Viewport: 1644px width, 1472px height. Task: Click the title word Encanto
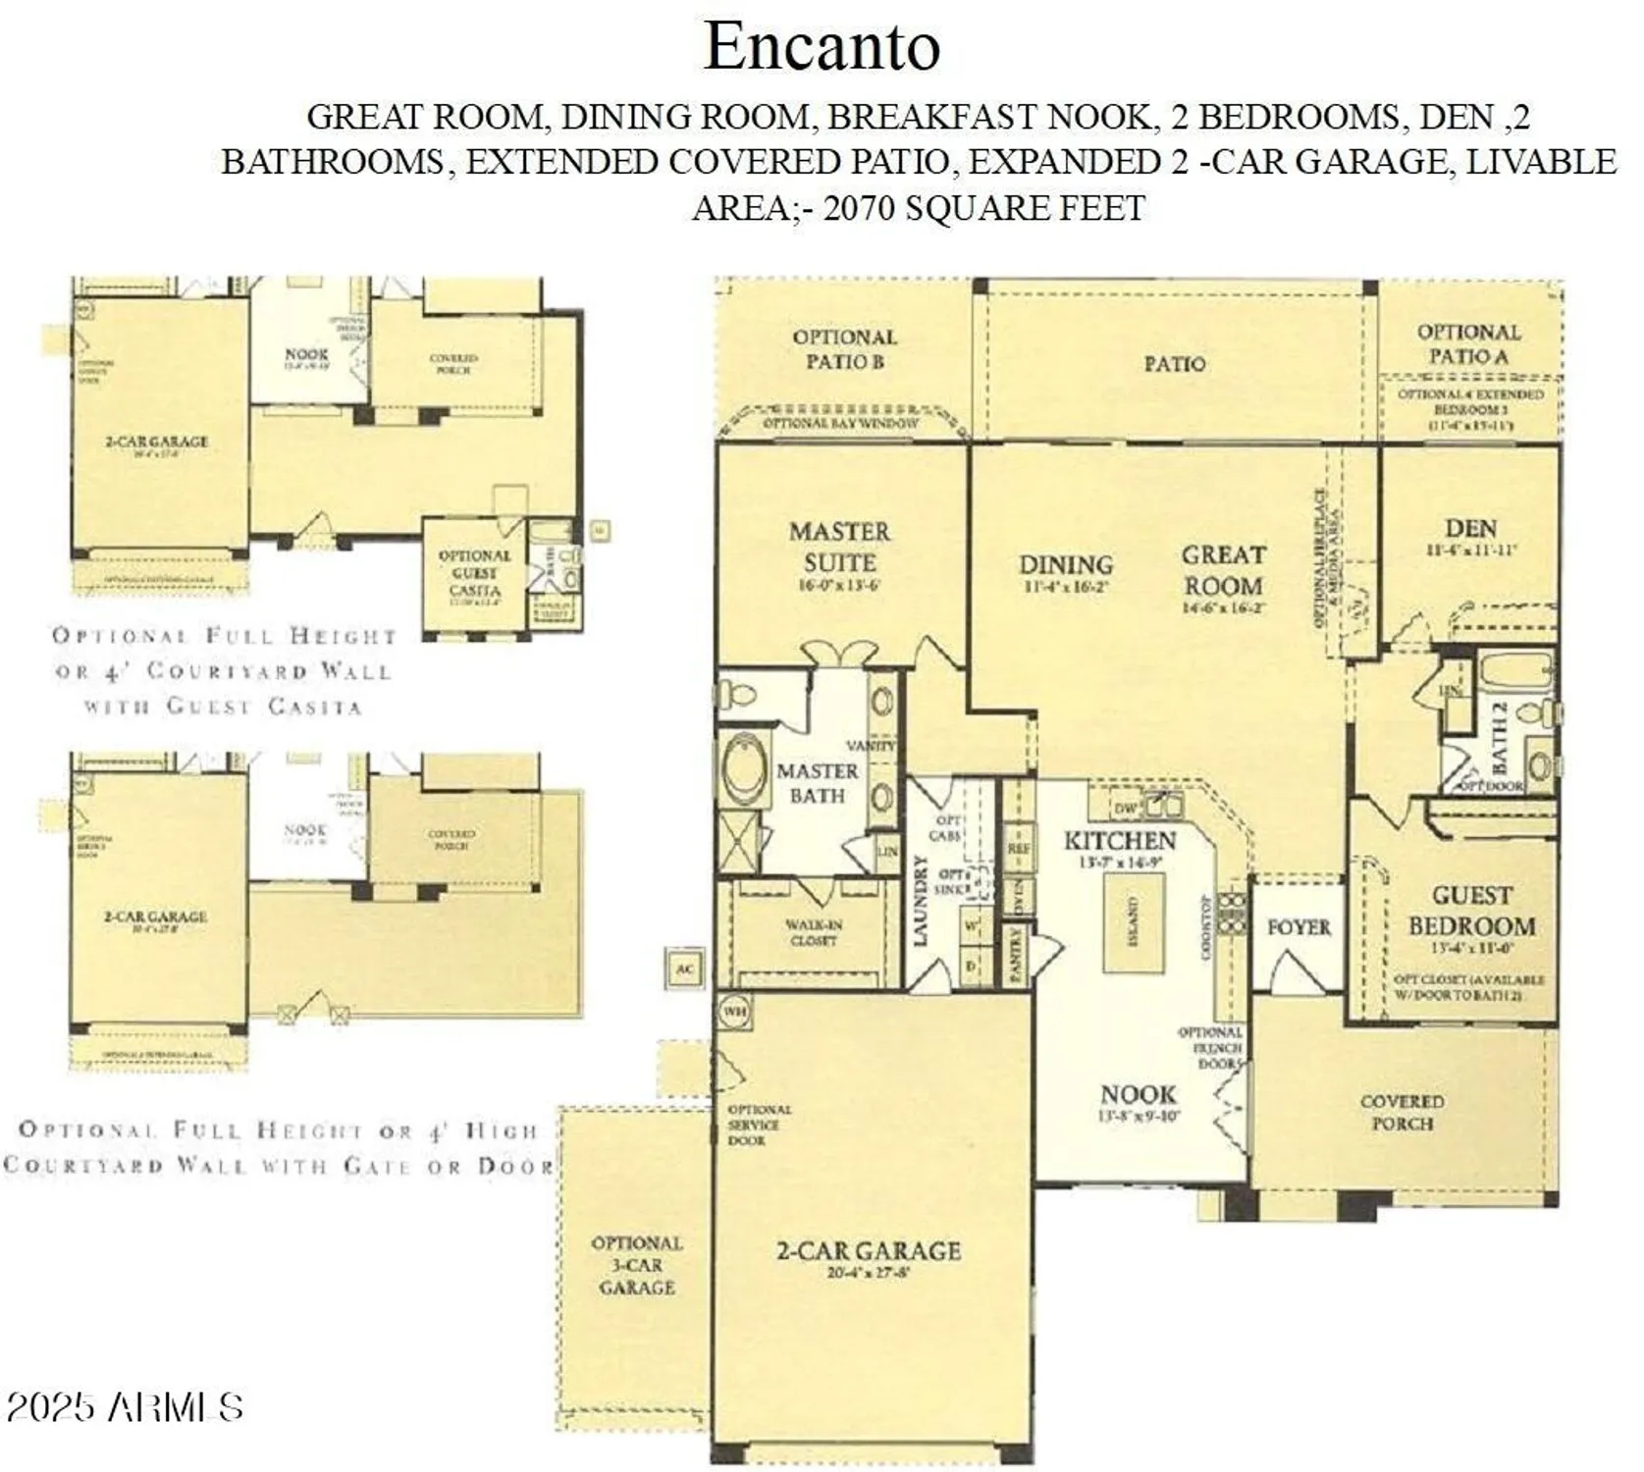pos(822,46)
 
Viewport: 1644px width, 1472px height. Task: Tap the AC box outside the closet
pos(684,970)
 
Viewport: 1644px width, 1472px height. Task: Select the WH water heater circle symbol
pos(733,1010)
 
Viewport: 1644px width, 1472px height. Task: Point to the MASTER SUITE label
pos(839,548)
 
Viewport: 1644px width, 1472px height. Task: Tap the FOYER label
pos(1298,927)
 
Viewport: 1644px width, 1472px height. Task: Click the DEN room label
pos(1469,529)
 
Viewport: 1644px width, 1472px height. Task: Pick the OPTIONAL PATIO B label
pos(844,349)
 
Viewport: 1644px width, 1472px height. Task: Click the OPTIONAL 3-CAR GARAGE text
pos(636,1265)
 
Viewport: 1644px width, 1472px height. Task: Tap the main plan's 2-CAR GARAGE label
pos(868,1251)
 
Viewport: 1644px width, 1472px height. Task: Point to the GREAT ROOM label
pos(1222,570)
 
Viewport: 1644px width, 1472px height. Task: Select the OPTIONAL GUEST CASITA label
pos(474,573)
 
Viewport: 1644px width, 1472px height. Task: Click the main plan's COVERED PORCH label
pos(1401,1112)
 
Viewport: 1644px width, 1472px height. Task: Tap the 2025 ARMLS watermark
pos(124,1407)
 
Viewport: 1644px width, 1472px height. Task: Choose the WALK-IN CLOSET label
pos(813,932)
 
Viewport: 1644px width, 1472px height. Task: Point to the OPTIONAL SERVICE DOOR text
pos(758,1125)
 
